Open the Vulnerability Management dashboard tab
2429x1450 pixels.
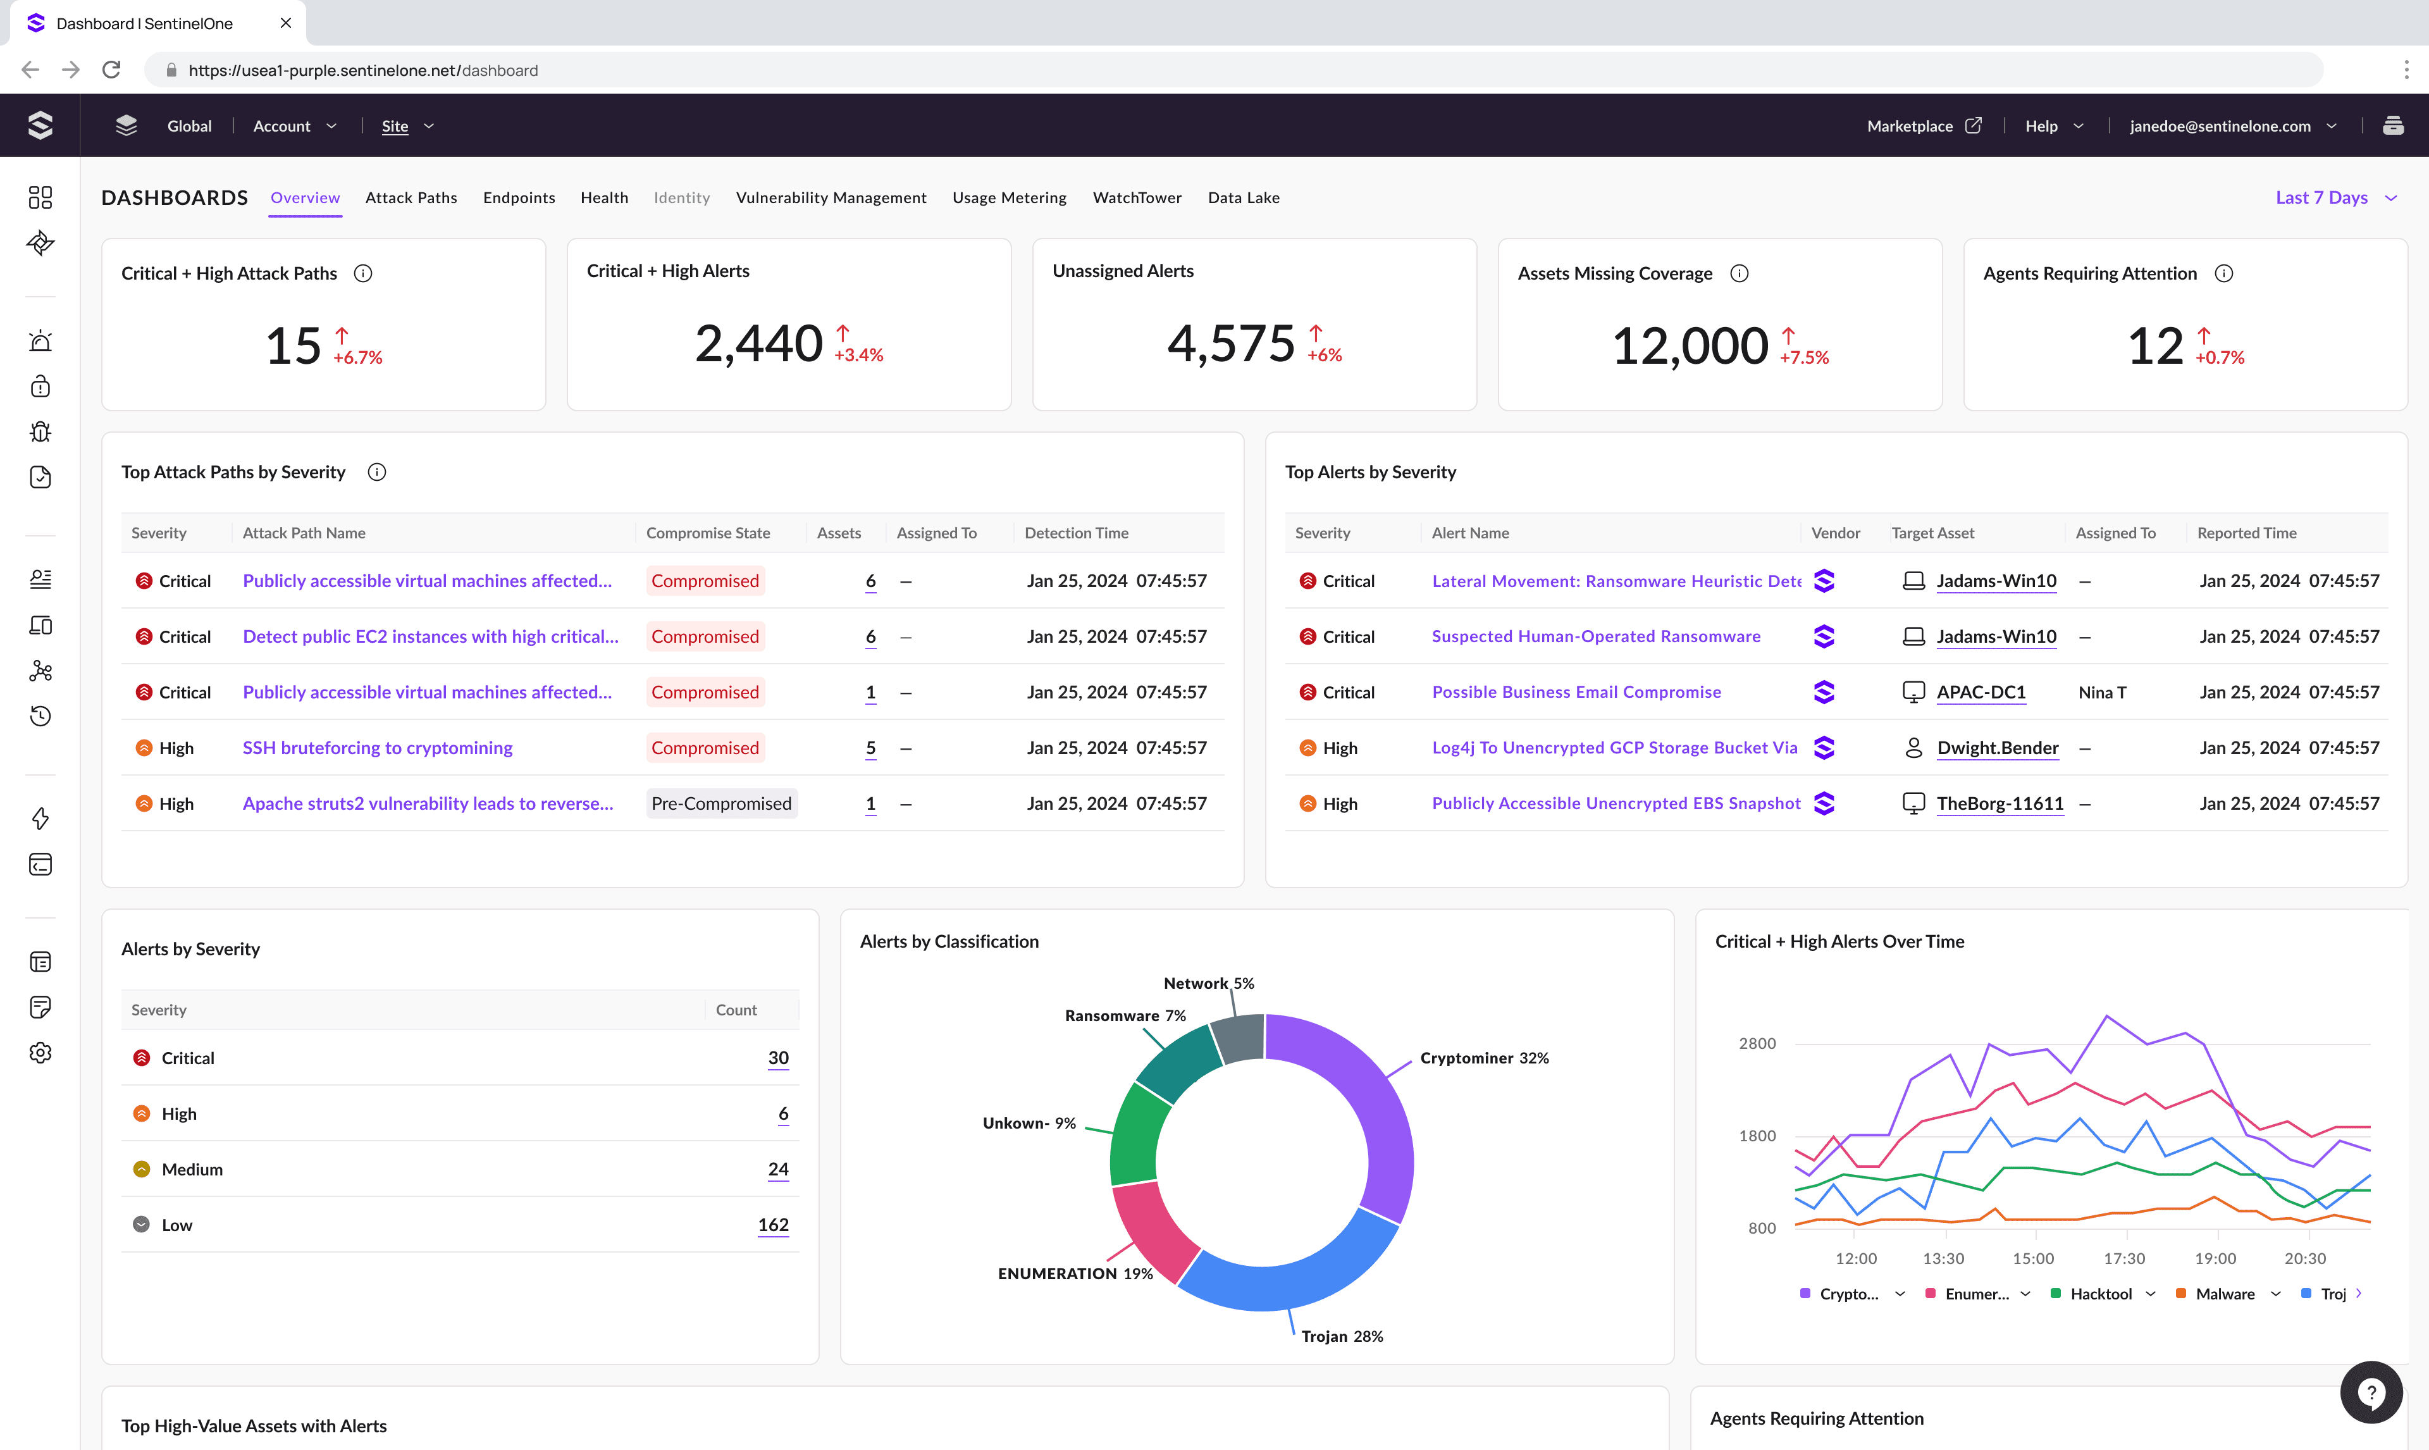click(830, 197)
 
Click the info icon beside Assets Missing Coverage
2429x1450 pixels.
click(1738, 273)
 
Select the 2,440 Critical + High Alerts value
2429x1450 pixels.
click(758, 344)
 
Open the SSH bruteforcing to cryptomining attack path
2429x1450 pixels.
click(377, 748)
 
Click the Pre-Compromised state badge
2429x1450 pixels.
click(720, 803)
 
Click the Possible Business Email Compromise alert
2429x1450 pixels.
click(1576, 691)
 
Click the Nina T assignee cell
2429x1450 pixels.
click(2102, 691)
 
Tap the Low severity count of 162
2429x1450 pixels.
click(772, 1224)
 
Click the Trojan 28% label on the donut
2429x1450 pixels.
click(1341, 1335)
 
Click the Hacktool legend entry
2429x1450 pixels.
click(2100, 1294)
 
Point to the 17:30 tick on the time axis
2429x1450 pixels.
click(2123, 1258)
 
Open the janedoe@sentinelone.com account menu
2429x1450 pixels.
click(2232, 126)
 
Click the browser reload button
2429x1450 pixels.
click(111, 70)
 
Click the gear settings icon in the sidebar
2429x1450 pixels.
click(40, 1052)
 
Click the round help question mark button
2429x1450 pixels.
click(2370, 1392)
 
